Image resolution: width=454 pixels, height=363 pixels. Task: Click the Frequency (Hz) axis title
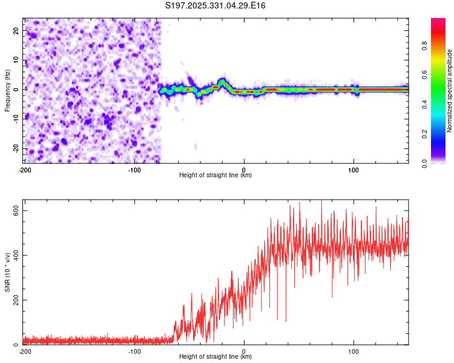[x=7, y=91]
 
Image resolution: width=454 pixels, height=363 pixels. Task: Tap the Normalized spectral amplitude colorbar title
[x=449, y=91]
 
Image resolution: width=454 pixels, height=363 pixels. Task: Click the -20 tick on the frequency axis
[x=16, y=148]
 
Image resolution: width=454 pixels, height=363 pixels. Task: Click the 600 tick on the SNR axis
[x=15, y=210]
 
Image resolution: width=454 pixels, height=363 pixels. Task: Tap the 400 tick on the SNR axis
[x=15, y=255]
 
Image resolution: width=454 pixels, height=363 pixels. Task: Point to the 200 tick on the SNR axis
[x=15, y=299]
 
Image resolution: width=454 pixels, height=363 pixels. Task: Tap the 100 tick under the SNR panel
[x=354, y=352]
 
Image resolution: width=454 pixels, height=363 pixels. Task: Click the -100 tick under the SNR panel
[x=134, y=352]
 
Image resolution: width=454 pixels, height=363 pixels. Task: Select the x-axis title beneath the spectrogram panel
[x=215, y=175]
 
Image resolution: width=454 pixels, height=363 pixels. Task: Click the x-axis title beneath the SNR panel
[x=215, y=357]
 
